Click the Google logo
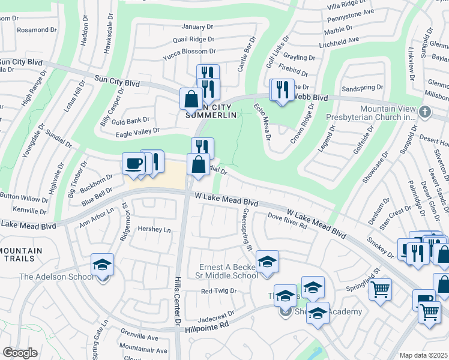20,353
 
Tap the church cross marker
425,112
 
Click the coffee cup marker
133,163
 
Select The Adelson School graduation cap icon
103,265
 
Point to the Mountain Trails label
21,254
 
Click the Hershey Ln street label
154,229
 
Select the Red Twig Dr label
219,291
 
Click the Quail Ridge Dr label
193,39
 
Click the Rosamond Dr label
37,29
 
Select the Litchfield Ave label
340,40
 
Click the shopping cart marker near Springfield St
380,289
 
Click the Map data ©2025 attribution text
424,355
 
